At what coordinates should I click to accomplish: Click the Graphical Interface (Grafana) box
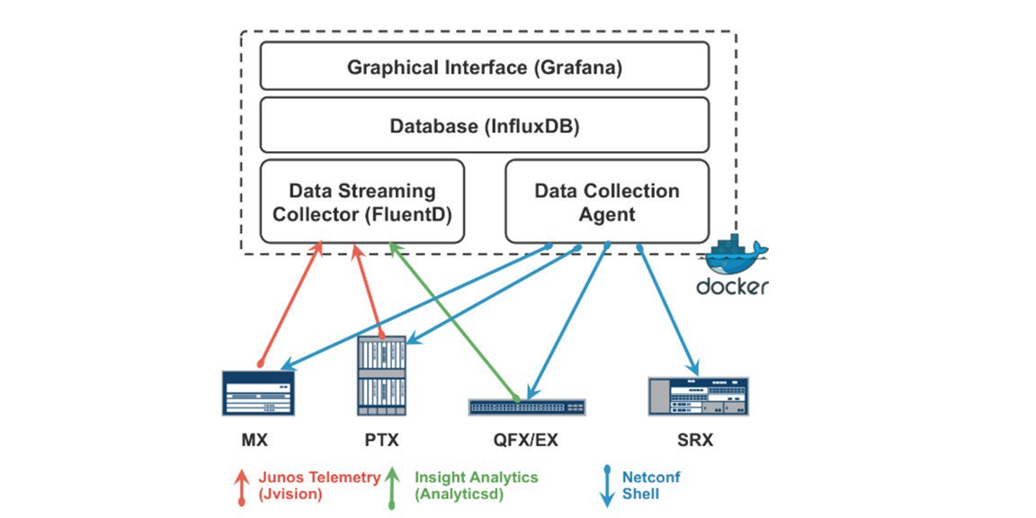click(485, 66)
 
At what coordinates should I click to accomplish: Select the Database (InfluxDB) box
click(485, 126)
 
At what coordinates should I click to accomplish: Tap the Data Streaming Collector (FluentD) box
click(362, 201)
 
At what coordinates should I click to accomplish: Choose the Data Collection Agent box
click(607, 201)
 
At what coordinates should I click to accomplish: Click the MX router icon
click(258, 392)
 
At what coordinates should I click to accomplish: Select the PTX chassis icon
click(381, 375)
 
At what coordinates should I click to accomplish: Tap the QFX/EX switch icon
click(527, 407)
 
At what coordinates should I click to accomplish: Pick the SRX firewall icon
click(698, 396)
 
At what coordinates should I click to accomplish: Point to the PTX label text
click(381, 440)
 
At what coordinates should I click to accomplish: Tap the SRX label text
click(696, 440)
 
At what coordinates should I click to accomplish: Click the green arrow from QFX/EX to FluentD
click(453, 322)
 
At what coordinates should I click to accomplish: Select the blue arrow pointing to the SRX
click(668, 310)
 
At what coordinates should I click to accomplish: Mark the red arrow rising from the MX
click(290, 304)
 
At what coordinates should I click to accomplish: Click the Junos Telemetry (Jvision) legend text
click(319, 485)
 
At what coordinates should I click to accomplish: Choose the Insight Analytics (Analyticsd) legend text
click(476, 485)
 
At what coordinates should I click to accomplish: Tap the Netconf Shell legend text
click(651, 485)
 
